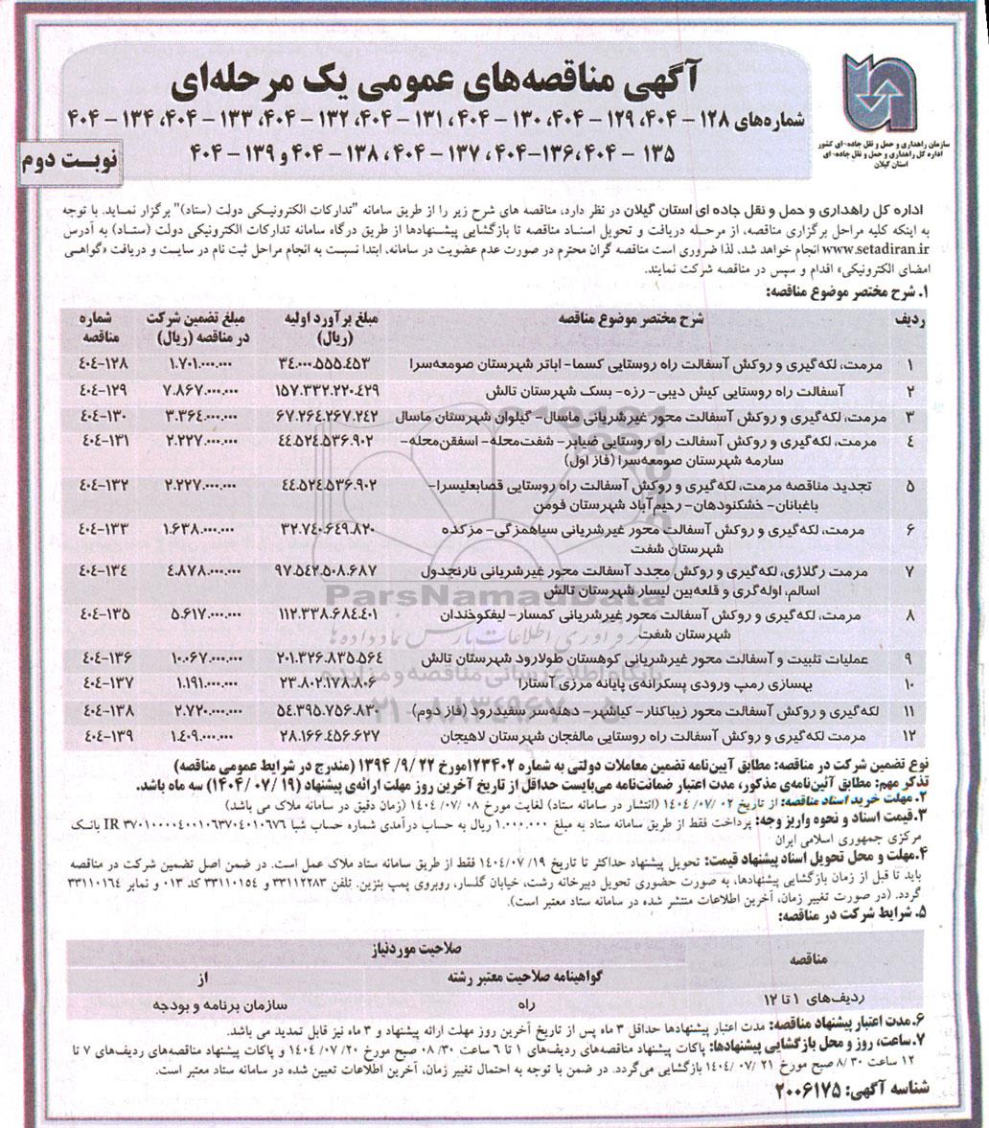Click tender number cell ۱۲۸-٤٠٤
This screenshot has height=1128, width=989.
(100, 365)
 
